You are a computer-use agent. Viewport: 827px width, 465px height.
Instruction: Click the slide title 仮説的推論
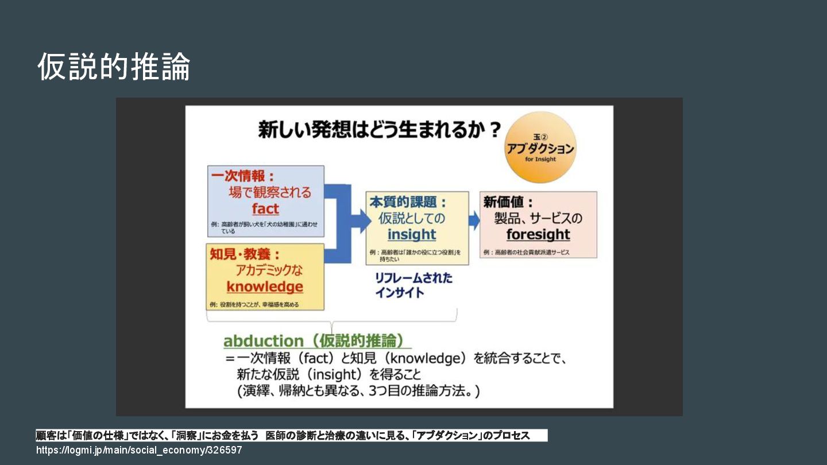pyautogui.click(x=114, y=67)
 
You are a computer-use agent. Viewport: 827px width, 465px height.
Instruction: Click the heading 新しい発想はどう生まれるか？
pyautogui.click(x=380, y=130)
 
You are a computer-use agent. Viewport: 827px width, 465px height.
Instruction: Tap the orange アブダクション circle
pyautogui.click(x=540, y=147)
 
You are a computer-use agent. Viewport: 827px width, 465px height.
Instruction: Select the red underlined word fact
pyautogui.click(x=265, y=209)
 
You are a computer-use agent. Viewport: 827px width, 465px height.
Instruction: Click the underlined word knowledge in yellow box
pyautogui.click(x=265, y=286)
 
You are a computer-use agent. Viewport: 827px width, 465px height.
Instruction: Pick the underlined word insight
pyautogui.click(x=412, y=234)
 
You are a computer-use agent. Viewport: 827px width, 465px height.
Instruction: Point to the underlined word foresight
pyautogui.click(x=538, y=234)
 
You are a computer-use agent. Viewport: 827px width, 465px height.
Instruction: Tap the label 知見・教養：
pyautogui.click(x=245, y=254)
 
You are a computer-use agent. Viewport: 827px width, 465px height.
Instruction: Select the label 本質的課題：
pyautogui.click(x=408, y=203)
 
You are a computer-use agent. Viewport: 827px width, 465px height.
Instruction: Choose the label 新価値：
pyautogui.click(x=508, y=203)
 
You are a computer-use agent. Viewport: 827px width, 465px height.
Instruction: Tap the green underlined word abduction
pyautogui.click(x=263, y=341)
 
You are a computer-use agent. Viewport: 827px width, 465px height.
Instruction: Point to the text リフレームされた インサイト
pyautogui.click(x=413, y=285)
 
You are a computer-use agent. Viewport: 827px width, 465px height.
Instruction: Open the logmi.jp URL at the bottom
pyautogui.click(x=139, y=451)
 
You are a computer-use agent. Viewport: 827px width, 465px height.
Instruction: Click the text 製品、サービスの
pyautogui.click(x=538, y=218)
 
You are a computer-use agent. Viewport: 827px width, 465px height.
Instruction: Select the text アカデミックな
pyautogui.click(x=269, y=270)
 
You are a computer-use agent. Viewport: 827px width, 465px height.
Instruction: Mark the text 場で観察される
pyautogui.click(x=270, y=192)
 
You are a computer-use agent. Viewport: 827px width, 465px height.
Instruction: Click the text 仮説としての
pyautogui.click(x=412, y=218)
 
